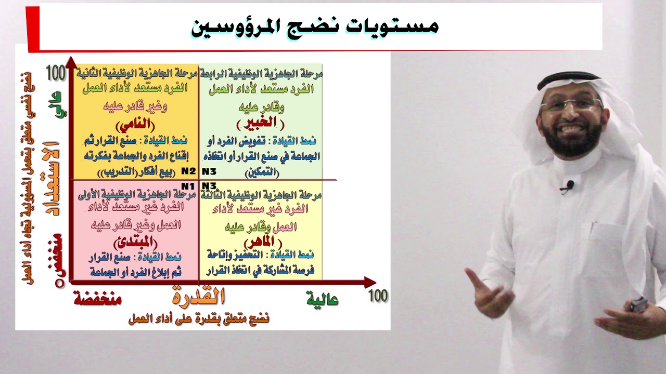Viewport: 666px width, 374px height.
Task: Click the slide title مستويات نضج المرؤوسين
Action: [x=315, y=26]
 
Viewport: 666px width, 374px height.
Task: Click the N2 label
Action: [x=188, y=171]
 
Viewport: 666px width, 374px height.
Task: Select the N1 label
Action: [x=188, y=186]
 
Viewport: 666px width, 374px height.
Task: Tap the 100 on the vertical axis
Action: [x=56, y=73]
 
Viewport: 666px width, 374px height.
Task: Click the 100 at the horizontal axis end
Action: [x=378, y=296]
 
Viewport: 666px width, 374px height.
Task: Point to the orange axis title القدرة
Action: [x=198, y=297]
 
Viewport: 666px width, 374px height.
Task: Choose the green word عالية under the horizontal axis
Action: [x=323, y=300]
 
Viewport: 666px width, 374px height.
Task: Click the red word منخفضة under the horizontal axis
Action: [x=97, y=299]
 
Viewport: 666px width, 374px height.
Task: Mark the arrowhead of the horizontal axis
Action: [x=370, y=283]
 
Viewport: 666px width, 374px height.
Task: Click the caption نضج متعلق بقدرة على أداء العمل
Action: [x=199, y=318]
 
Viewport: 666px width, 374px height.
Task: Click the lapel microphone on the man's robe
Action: [x=569, y=185]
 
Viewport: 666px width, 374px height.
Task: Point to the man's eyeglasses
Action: [x=571, y=104]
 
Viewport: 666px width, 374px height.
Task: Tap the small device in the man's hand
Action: [x=638, y=305]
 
